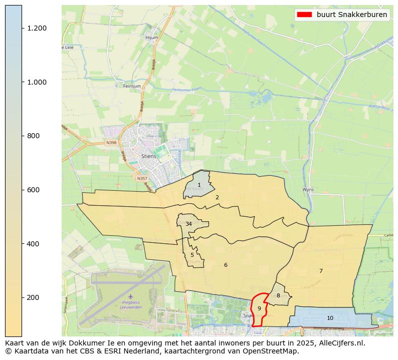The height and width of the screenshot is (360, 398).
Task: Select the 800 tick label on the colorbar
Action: (x=33, y=136)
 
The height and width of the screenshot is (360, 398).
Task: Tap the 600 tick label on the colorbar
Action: (x=33, y=190)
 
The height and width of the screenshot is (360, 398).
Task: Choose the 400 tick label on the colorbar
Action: (x=33, y=244)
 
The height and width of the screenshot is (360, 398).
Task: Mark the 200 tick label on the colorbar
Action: (x=33, y=297)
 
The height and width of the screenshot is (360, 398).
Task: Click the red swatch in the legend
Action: (x=304, y=15)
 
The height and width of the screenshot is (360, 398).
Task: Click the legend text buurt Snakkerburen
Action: (x=351, y=15)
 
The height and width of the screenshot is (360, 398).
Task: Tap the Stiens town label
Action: (x=148, y=156)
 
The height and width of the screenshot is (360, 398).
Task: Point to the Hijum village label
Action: (x=151, y=38)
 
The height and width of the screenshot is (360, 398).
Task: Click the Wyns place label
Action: (x=308, y=190)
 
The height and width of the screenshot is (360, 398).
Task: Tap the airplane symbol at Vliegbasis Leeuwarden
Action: (x=131, y=297)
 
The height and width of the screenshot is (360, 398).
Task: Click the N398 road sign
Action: (x=111, y=143)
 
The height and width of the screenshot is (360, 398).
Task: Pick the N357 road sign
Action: (x=142, y=178)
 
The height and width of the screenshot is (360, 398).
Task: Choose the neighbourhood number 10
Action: (x=330, y=318)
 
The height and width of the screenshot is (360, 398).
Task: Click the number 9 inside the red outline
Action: (x=259, y=308)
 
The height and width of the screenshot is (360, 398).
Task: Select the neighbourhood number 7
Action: (x=321, y=271)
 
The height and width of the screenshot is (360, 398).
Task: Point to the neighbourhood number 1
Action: (x=199, y=185)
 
